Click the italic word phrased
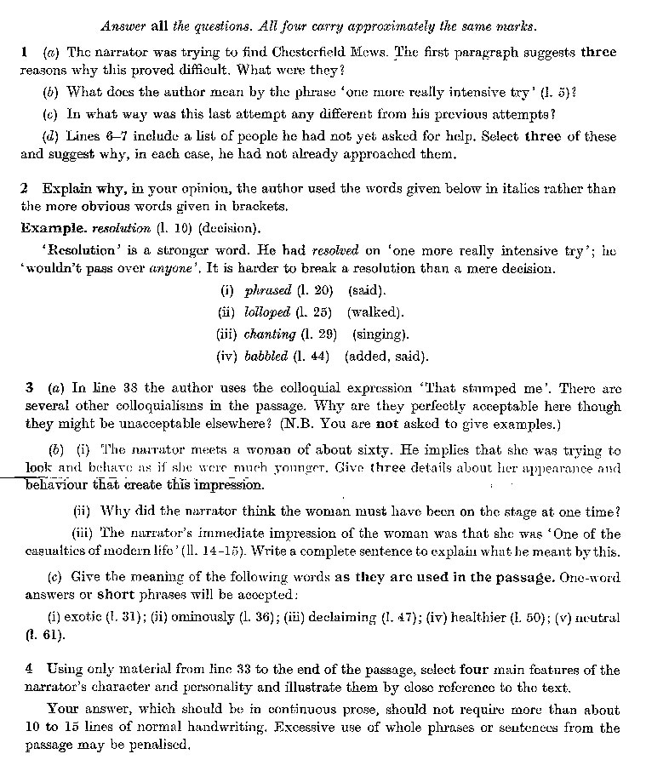(268, 290)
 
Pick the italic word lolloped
(267, 312)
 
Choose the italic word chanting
(270, 334)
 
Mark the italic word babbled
(266, 357)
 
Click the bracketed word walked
(375, 312)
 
